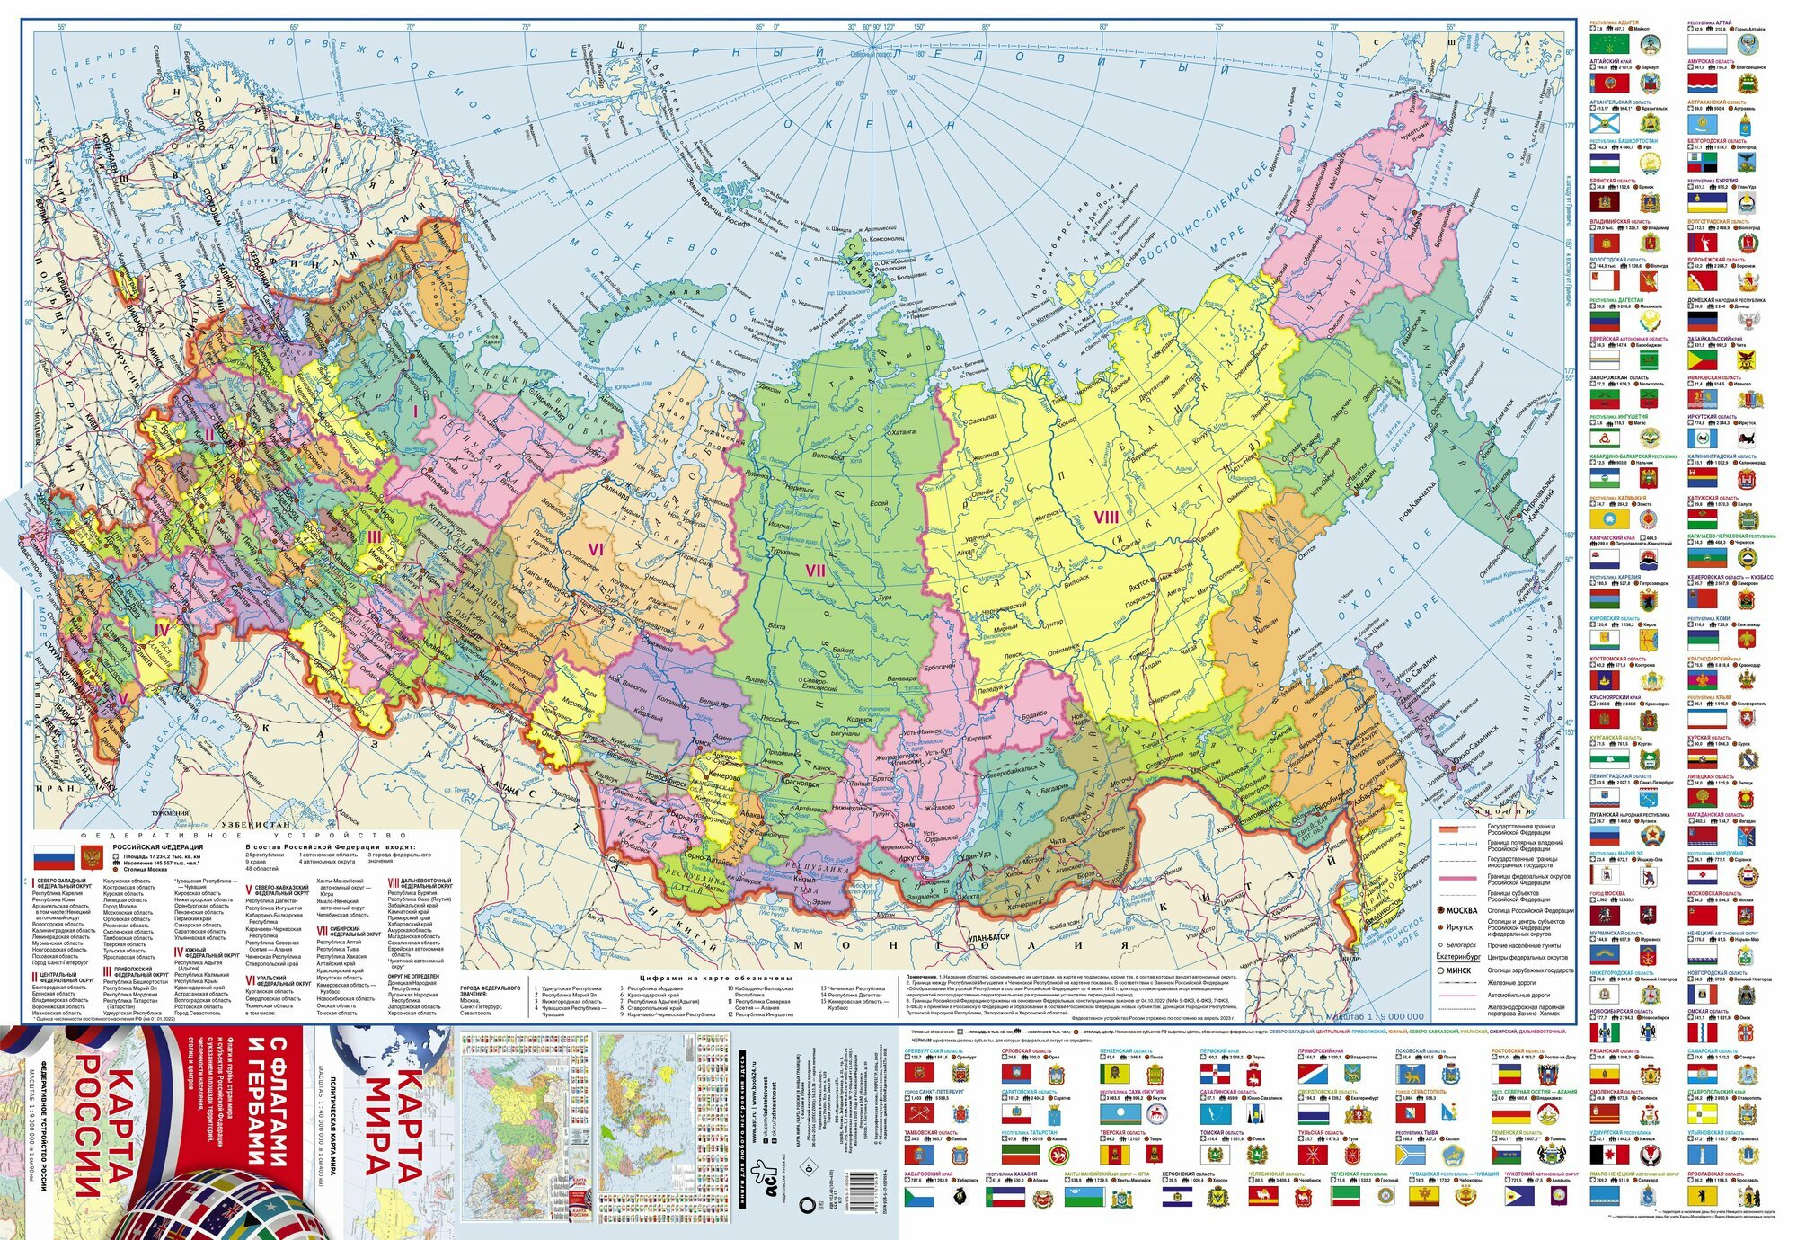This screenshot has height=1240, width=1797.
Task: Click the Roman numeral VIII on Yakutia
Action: click(1106, 517)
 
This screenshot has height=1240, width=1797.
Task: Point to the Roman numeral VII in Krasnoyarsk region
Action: click(815, 570)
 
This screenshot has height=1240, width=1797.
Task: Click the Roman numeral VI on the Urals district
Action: click(595, 548)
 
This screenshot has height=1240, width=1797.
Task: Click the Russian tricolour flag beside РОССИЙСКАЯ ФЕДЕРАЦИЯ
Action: click(50, 856)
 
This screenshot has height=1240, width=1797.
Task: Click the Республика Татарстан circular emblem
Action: click(1059, 1156)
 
